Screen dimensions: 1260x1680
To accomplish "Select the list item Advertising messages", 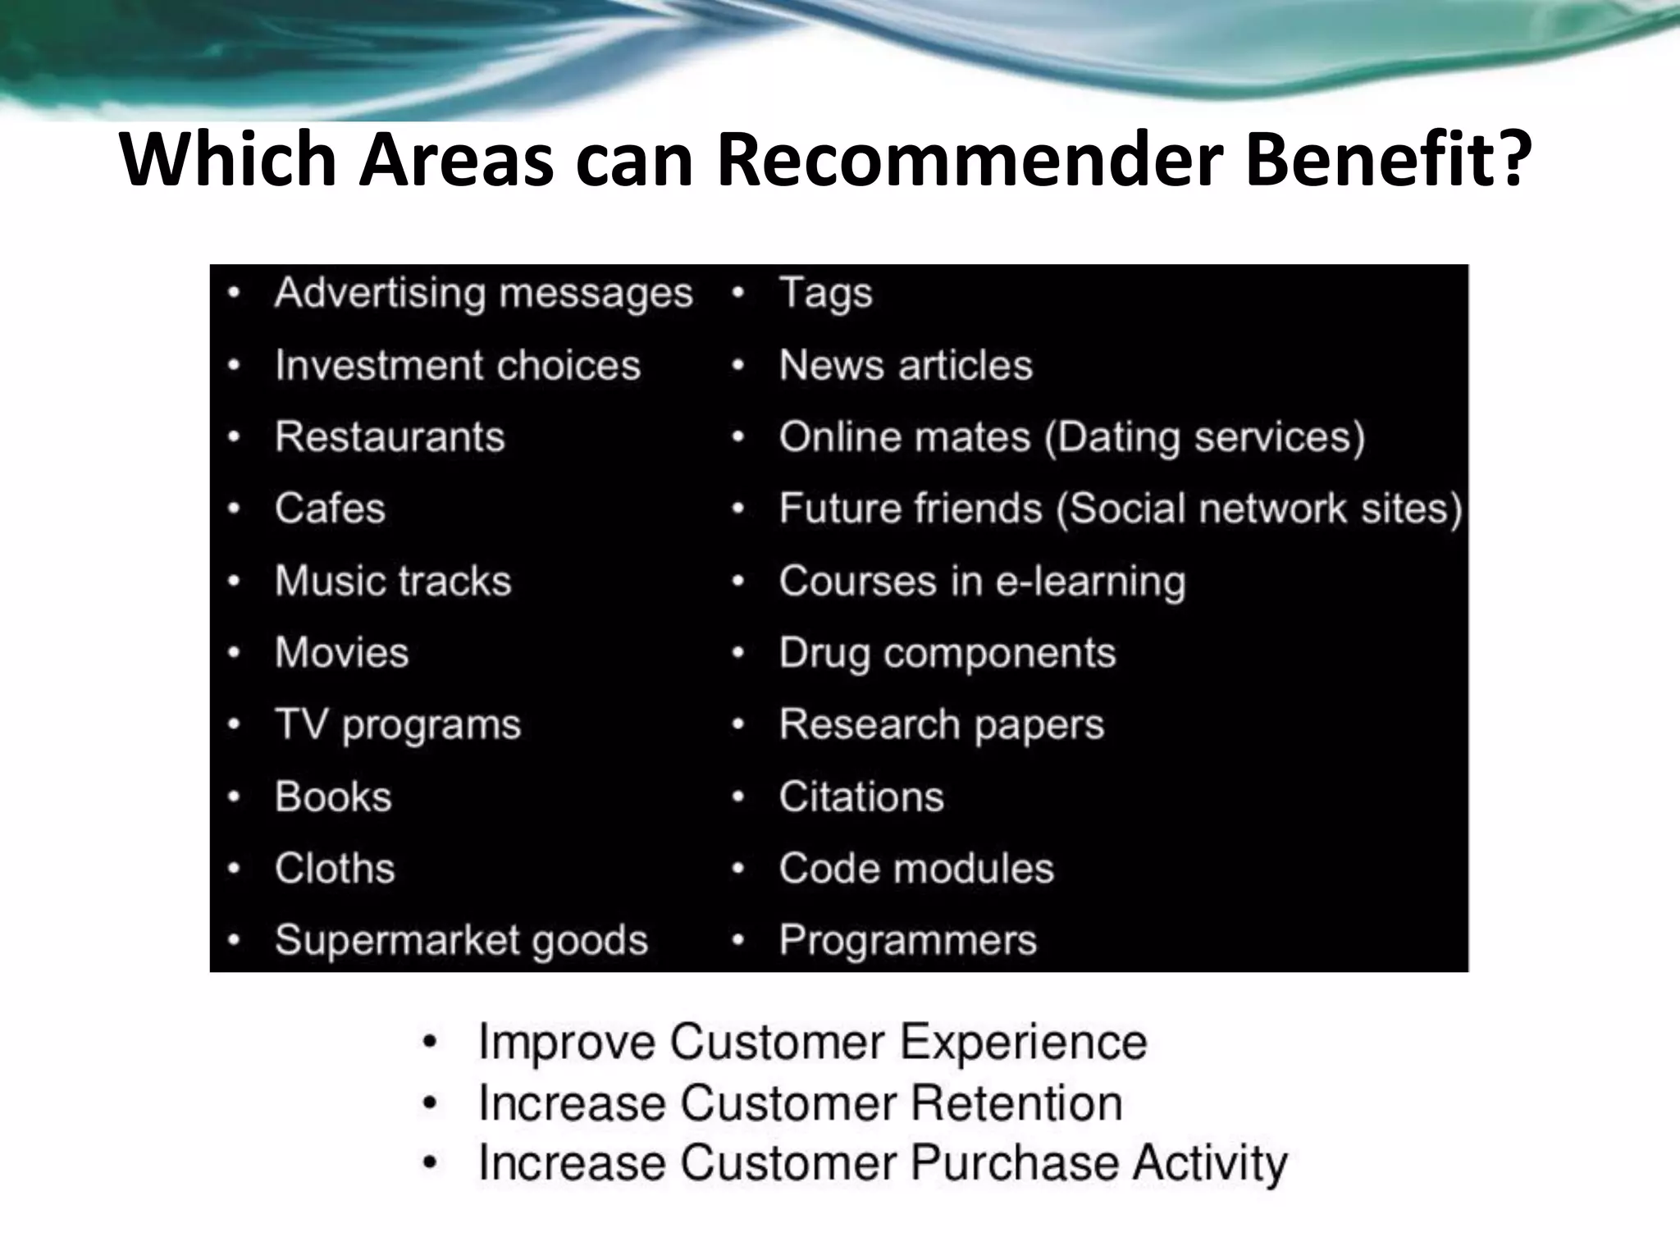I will tap(483, 293).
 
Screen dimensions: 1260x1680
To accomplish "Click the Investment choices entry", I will tap(457, 365).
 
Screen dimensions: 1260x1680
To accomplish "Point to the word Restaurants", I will tap(390, 436).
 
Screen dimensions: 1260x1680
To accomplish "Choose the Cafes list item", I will tap(330, 509).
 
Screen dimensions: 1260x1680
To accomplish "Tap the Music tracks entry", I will tap(393, 581).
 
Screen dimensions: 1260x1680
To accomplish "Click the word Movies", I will tap(341, 653).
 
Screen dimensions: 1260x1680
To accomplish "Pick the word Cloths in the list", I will tap(335, 869).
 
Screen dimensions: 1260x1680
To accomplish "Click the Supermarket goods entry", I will tap(461, 940).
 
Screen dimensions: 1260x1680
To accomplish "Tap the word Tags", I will tap(825, 293).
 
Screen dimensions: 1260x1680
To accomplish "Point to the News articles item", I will tap(906, 365).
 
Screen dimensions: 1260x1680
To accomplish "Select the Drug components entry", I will tap(947, 653).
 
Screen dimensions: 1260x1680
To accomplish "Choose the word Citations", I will tap(861, 797).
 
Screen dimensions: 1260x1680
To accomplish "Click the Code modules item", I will tap(916, 869).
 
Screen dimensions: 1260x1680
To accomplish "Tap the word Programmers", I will tap(908, 940).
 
